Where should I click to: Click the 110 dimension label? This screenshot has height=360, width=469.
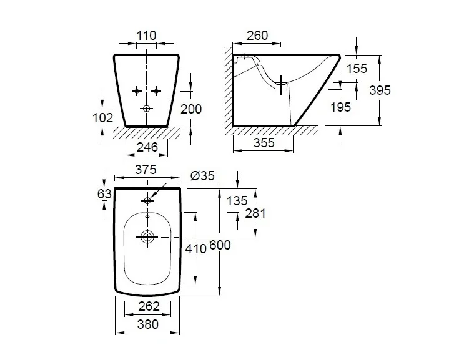coord(147,36)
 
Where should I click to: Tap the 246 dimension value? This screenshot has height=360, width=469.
coord(147,147)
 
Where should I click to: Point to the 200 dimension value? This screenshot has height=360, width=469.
coord(191,109)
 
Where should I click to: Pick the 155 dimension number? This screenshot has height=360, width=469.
coord(357,69)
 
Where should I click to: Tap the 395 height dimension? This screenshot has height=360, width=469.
coord(380,90)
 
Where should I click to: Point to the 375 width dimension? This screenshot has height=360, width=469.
coord(146,170)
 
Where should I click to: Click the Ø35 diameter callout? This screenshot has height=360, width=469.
coord(202,177)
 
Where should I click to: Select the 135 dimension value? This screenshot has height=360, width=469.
coord(237,200)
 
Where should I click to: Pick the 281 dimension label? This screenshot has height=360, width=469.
coord(256,213)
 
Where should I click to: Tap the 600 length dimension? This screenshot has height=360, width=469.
coord(220,245)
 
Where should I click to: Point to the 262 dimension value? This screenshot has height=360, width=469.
coord(148,306)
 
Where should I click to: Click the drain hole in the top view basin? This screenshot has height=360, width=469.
coord(147,237)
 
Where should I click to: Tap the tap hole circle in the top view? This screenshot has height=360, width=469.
coord(147,200)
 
